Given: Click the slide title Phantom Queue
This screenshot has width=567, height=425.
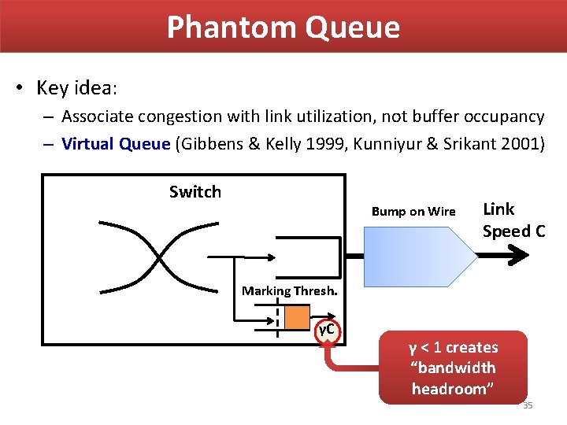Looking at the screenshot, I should [x=283, y=28].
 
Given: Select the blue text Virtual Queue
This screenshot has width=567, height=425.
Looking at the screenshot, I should [x=116, y=143].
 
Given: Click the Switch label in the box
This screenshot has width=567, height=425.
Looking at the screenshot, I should [x=195, y=192].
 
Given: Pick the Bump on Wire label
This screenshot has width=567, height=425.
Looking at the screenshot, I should [x=413, y=211].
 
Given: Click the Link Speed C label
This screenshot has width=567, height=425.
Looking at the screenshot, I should [x=513, y=220].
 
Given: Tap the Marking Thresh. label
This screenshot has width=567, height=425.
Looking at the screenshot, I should [x=290, y=290].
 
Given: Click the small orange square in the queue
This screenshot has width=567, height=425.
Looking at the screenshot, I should [x=296, y=318].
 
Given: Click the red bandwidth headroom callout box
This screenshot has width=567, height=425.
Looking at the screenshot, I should [x=452, y=368].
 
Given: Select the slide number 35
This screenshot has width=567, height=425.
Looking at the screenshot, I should [x=528, y=405].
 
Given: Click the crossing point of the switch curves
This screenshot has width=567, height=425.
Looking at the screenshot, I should [x=158, y=257].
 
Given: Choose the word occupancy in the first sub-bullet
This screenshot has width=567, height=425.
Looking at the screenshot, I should [x=504, y=116].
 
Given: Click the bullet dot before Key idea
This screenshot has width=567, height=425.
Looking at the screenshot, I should [x=19, y=87].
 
